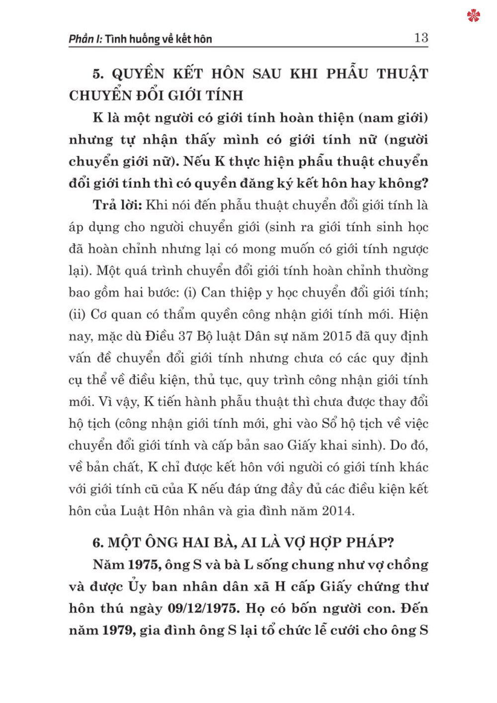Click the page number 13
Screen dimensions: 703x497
click(x=420, y=38)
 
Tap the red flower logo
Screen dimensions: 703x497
click(x=474, y=16)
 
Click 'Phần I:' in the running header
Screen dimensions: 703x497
click(x=85, y=39)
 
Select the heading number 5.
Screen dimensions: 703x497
click(x=98, y=74)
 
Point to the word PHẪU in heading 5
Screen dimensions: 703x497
click(x=347, y=74)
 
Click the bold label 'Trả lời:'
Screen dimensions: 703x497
click(x=118, y=205)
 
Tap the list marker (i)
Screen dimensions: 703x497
click(x=190, y=292)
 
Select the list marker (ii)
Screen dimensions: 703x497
click(x=78, y=314)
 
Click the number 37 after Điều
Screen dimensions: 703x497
click(x=185, y=336)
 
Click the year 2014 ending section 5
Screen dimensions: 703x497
click(x=337, y=511)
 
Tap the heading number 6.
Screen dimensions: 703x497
click(x=98, y=542)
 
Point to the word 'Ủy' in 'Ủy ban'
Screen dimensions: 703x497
click(x=138, y=586)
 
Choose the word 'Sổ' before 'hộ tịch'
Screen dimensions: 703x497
click(x=330, y=424)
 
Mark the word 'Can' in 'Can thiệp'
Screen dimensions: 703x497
click(x=213, y=292)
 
